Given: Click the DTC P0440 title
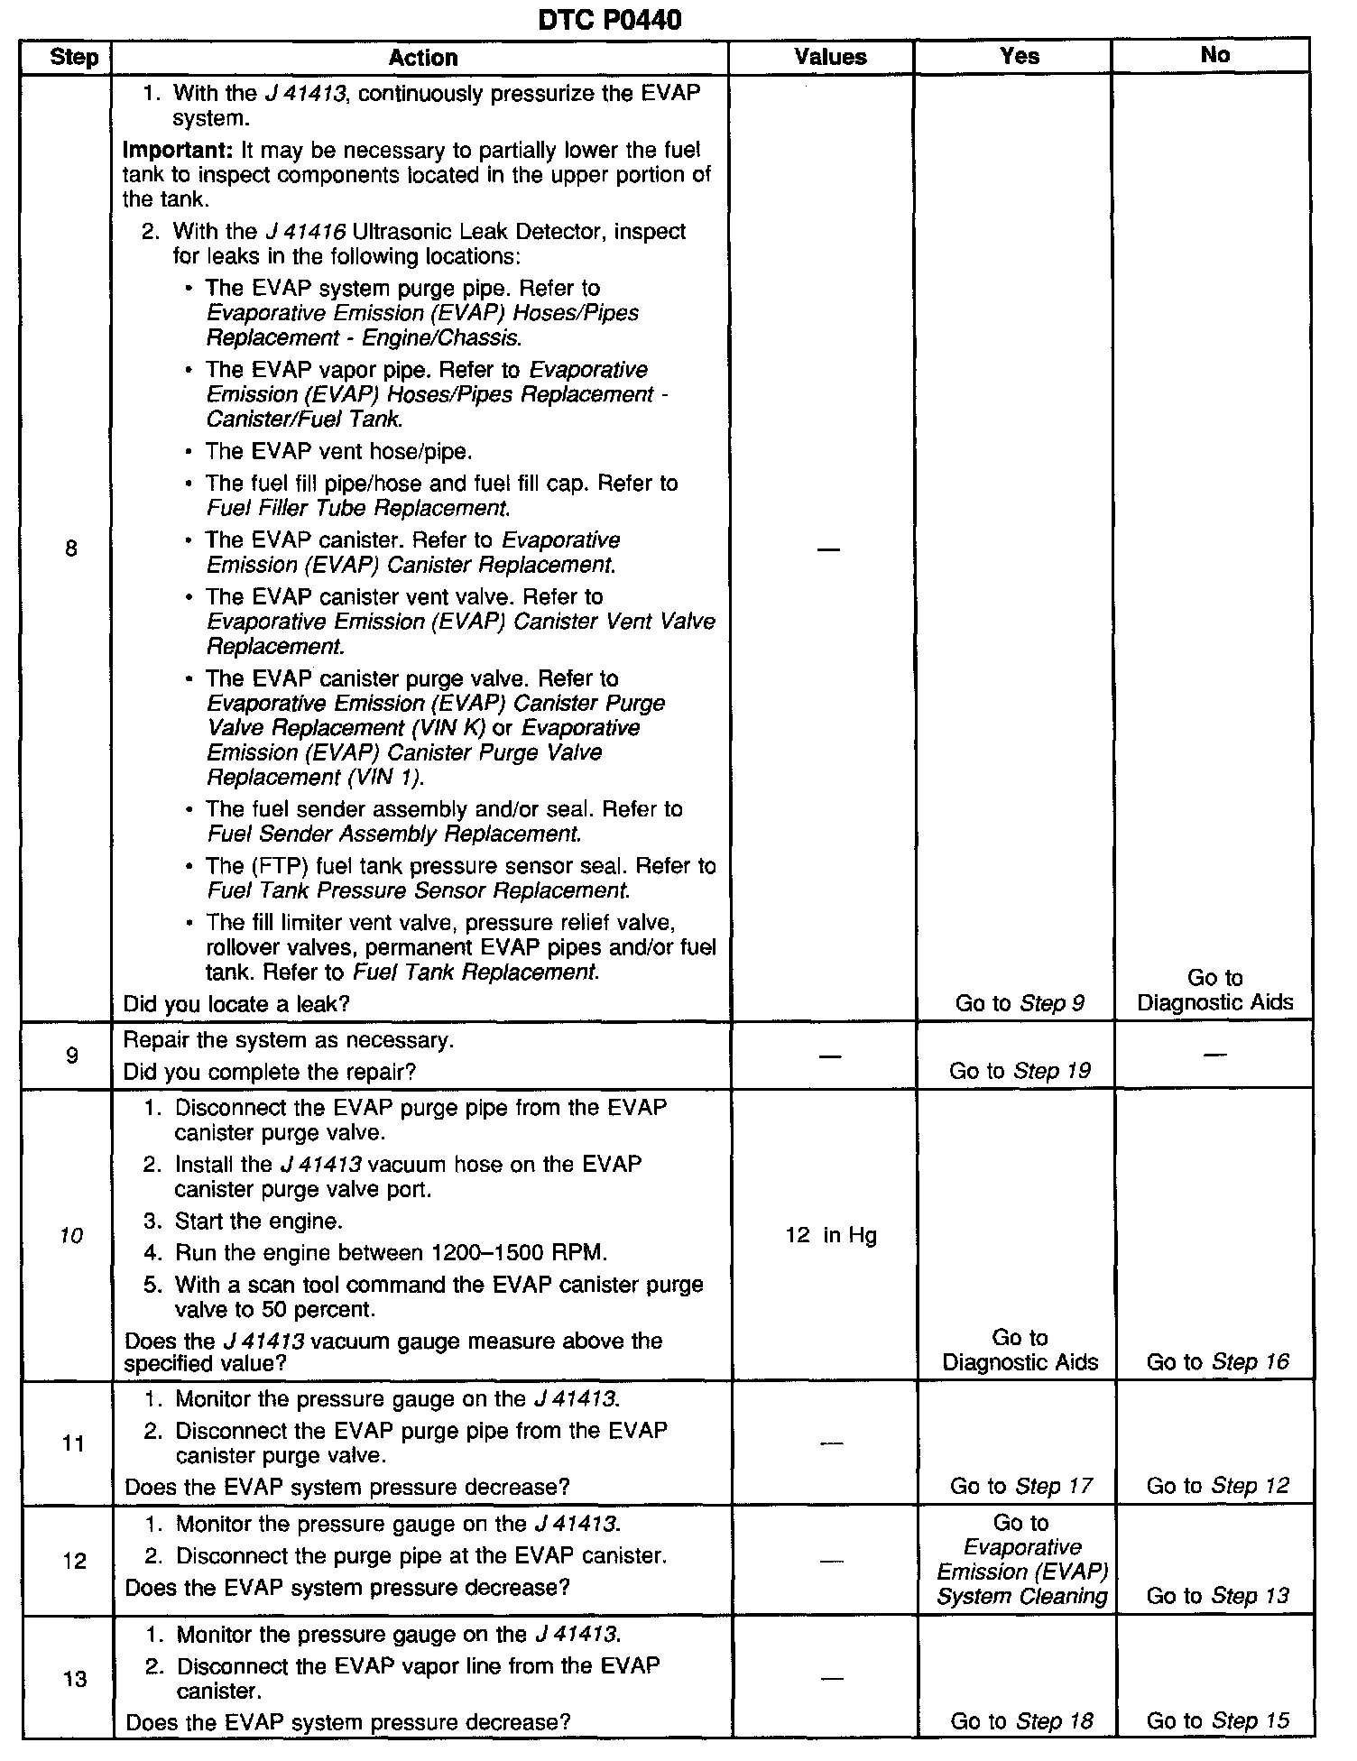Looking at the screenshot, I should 609,19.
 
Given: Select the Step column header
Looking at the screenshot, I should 74,58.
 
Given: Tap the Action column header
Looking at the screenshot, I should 422,58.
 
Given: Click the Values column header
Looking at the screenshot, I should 830,57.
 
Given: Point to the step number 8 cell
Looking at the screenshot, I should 71,549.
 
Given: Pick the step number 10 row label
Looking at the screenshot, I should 71,1235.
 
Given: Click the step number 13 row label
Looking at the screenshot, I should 75,1678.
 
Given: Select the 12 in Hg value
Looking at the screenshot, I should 830,1235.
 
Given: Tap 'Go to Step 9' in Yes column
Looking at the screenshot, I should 1020,1002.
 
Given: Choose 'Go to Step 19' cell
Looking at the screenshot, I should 1020,1071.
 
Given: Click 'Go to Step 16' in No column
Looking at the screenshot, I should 1217,1362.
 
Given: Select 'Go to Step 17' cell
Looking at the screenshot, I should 1020,1486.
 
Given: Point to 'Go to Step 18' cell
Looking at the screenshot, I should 1021,1721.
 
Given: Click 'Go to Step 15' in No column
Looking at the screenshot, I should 1217,1721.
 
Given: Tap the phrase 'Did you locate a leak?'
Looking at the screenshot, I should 236,1003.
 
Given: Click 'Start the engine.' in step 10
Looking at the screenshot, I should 258,1222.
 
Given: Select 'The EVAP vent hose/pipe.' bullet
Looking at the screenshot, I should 338,451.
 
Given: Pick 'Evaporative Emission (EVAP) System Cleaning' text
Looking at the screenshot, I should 1021,1572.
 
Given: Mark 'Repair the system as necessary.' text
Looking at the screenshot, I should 289,1040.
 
